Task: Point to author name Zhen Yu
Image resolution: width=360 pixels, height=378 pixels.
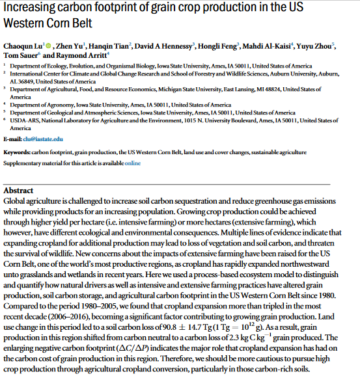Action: pyautogui.click(x=67, y=46)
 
